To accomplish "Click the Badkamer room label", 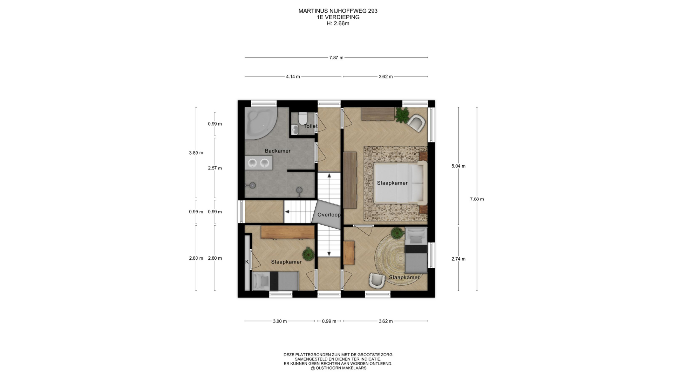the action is tap(278, 151).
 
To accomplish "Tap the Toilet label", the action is tap(311, 126).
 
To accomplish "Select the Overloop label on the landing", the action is tap(329, 215).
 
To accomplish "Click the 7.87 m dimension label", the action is tap(336, 58).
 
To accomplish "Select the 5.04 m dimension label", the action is tap(458, 166).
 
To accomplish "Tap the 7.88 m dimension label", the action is tap(477, 199).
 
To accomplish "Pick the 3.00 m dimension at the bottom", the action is tap(280, 321).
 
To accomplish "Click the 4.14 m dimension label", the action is tap(293, 77).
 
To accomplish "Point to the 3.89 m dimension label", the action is tap(196, 153).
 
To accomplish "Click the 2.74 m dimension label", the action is tap(458, 259).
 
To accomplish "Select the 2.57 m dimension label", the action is tap(215, 168).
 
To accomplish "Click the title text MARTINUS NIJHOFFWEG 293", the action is tap(338, 11).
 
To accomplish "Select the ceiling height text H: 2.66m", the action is tap(338, 24).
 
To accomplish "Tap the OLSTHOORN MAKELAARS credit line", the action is tap(338, 368).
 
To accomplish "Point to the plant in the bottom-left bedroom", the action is tap(308, 253).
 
